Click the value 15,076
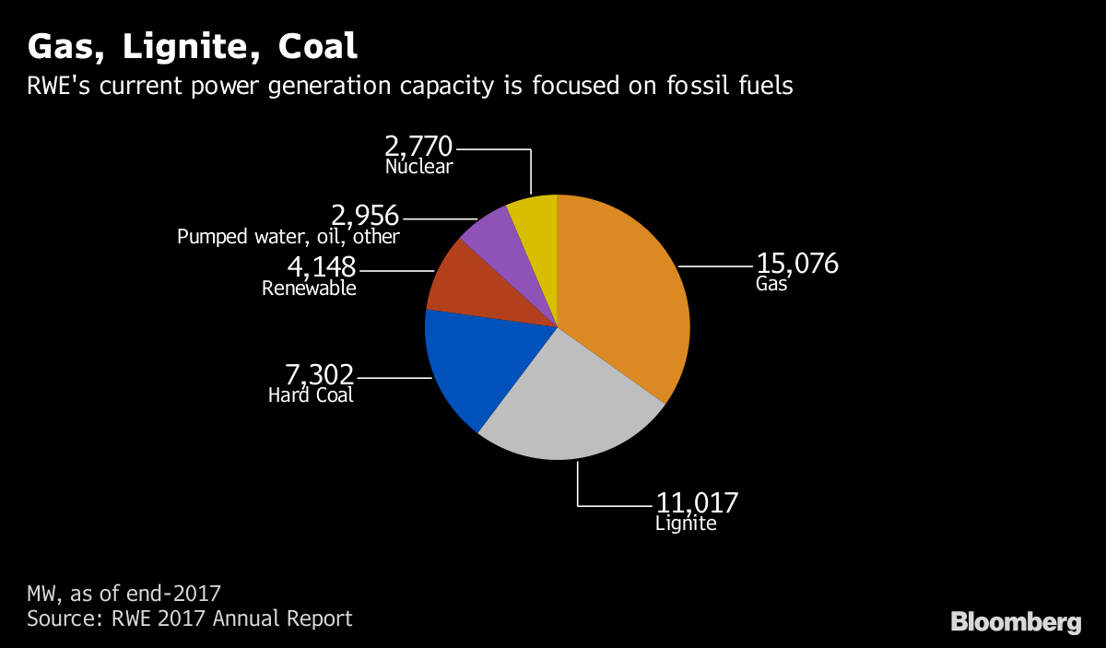click(797, 264)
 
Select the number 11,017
click(697, 503)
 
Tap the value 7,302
click(319, 374)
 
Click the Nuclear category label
click(419, 167)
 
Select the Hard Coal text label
click(311, 395)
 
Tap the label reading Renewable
click(309, 289)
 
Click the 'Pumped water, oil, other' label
click(288, 237)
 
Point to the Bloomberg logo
click(1016, 622)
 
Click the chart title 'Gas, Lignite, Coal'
click(193, 47)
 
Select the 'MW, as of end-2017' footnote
click(124, 592)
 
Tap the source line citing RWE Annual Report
click(190, 618)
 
